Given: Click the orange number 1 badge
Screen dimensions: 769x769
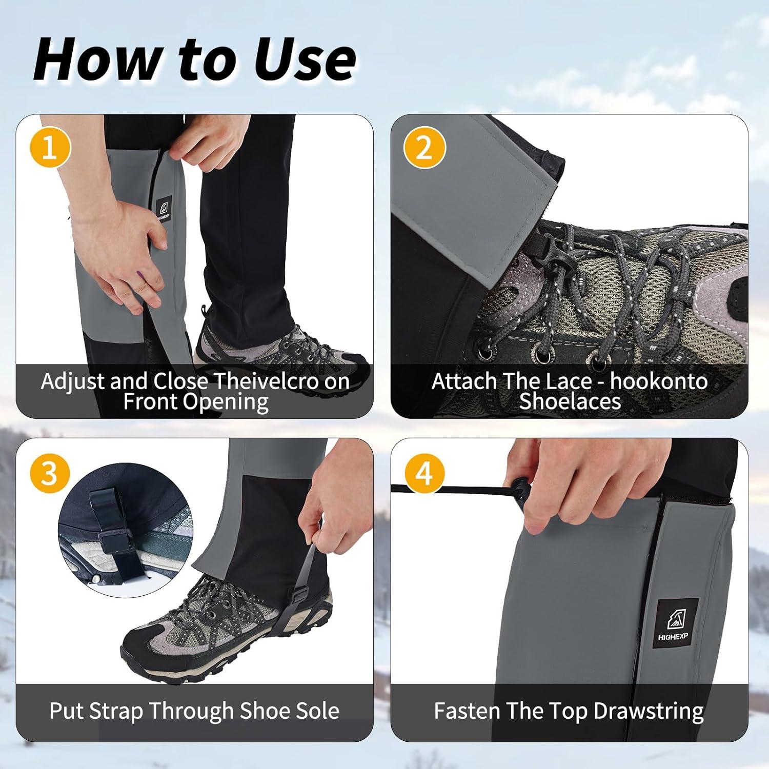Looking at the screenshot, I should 50,148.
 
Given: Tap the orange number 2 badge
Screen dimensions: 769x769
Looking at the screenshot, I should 424,148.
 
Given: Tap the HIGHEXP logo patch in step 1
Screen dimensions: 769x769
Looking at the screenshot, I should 164,209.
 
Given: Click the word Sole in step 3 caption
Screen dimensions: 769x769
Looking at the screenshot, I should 317,711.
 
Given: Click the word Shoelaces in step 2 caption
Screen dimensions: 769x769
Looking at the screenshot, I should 570,401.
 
